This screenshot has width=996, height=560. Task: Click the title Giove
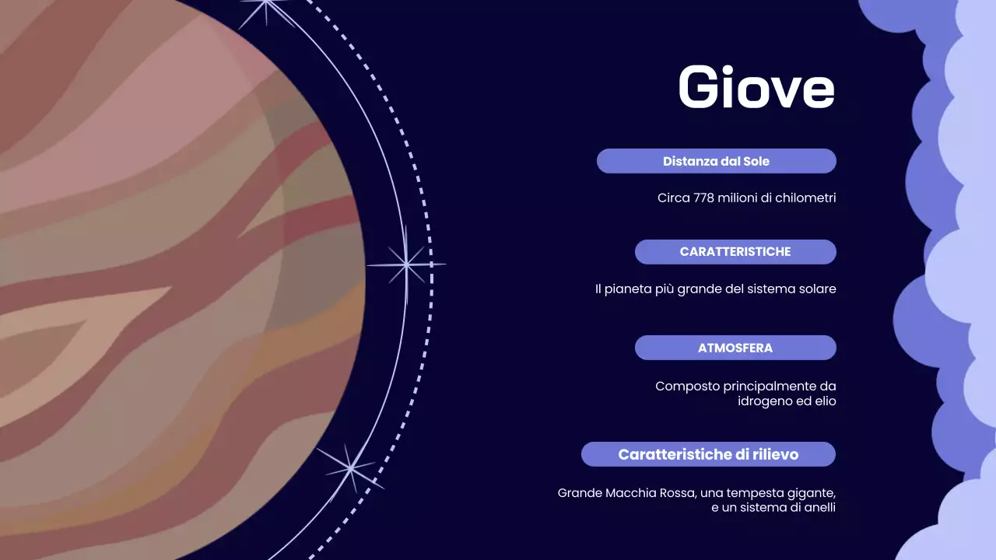[x=756, y=86]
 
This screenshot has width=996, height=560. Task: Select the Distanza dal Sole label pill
[x=716, y=161]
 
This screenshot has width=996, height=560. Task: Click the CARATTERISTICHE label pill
[x=735, y=252]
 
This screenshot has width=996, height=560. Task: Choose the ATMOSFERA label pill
[x=735, y=348]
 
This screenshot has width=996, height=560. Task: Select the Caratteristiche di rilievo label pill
[x=708, y=454]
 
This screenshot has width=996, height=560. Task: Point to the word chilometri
[x=805, y=198]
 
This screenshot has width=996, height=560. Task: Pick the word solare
[x=816, y=289]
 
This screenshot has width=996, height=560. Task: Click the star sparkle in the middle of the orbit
[x=406, y=264]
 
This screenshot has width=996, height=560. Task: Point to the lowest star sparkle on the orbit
[x=351, y=468]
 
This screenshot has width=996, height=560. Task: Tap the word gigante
[x=810, y=493]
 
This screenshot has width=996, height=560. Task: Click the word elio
[x=824, y=401]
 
